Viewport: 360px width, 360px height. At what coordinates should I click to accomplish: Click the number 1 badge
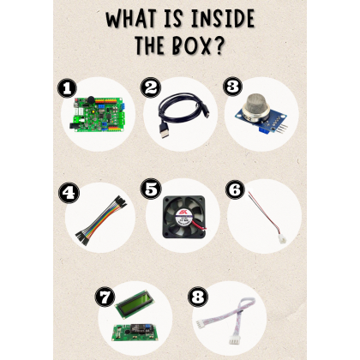[67, 88]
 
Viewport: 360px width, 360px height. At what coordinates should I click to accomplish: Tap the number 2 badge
[151, 87]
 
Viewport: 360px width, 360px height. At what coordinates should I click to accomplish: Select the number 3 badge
[232, 87]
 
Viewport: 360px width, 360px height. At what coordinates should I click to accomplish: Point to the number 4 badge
[69, 193]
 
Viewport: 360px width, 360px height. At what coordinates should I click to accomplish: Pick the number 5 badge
[151, 189]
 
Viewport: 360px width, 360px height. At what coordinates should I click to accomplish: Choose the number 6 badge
[235, 189]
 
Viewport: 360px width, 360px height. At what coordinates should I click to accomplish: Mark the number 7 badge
[105, 297]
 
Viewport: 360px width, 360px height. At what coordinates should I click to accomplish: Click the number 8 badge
[197, 297]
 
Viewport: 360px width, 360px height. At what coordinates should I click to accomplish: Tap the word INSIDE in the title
[223, 18]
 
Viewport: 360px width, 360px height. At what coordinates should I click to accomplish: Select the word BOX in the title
[191, 45]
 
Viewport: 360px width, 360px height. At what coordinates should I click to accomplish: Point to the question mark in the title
[218, 45]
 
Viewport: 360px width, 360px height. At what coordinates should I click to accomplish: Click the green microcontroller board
[98, 114]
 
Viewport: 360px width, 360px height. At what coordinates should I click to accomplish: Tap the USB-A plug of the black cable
[165, 131]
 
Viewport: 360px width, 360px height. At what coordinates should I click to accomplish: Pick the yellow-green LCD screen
[135, 303]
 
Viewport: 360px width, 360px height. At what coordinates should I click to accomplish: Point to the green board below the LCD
[133, 333]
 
